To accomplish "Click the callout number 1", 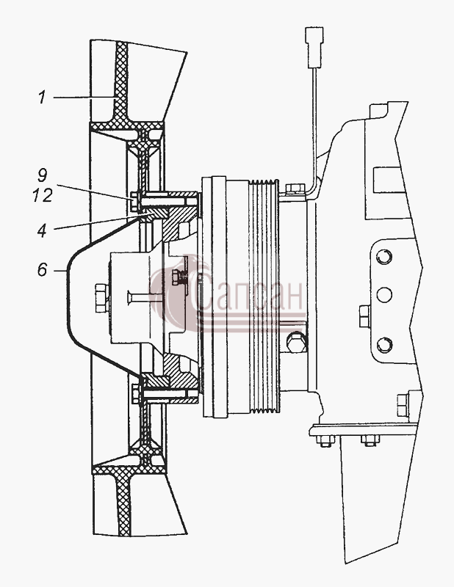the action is pyautogui.click(x=42, y=98).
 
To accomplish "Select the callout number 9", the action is pyautogui.click(x=43, y=175).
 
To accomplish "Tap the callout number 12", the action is pyautogui.click(x=42, y=195).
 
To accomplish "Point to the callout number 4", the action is pyautogui.click(x=42, y=231).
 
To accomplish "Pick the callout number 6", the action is pyautogui.click(x=43, y=270).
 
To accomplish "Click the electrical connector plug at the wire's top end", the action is pyautogui.click(x=314, y=47).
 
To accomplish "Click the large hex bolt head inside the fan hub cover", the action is pyautogui.click(x=101, y=298).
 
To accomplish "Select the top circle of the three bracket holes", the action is pyautogui.click(x=384, y=258).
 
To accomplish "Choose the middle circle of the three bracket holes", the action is pyautogui.click(x=384, y=295).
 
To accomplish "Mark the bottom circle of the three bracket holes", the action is pyautogui.click(x=384, y=345).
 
